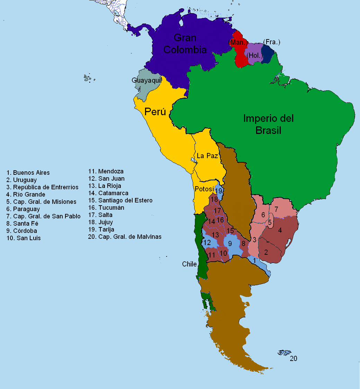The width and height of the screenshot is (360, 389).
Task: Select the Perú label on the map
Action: coord(155,112)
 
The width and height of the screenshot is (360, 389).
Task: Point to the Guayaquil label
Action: coord(146,80)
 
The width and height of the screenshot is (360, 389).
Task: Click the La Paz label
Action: coord(207,156)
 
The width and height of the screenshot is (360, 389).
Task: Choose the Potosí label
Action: coord(204,189)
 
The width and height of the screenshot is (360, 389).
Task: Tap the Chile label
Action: coord(189,264)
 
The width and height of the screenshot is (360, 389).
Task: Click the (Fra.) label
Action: coord(271,42)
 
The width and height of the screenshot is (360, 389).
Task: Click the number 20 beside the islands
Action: coord(293,359)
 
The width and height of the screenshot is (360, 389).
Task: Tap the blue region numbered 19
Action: coord(219,191)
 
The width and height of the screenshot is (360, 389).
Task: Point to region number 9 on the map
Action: coord(230,244)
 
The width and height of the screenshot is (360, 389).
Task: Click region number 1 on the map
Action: coord(255,260)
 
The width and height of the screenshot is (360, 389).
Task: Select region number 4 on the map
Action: coord(280,230)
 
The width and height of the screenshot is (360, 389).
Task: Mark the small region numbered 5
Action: coord(270,223)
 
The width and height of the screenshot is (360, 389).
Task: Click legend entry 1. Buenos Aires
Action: coord(28,172)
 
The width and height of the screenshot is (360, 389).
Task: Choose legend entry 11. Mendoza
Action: coord(106,171)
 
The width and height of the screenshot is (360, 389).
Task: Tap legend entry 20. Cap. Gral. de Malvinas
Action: coord(125,237)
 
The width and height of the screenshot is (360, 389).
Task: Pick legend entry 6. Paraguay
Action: coord(23,209)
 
